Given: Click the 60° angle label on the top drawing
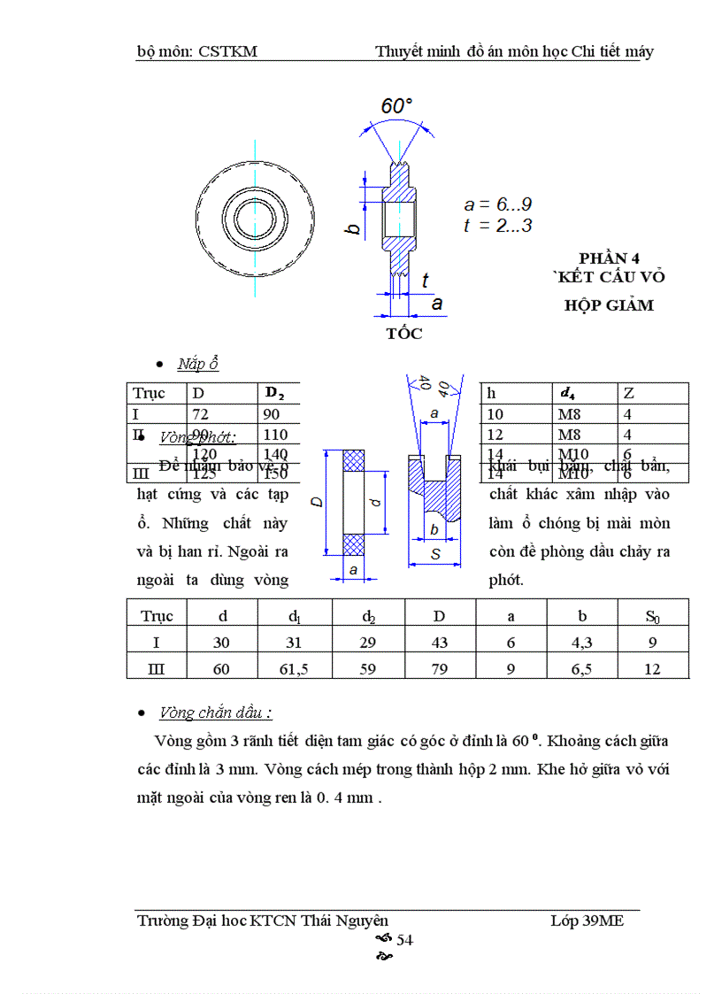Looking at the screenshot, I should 396,106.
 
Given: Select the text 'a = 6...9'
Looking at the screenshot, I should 498,204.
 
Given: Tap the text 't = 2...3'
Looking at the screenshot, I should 497,226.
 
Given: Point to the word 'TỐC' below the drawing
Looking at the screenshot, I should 403,334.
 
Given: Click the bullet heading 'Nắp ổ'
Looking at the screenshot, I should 197,364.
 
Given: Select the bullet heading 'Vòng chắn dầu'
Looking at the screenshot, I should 215,713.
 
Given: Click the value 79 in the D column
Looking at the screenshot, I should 439,669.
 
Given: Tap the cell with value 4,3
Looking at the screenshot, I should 581,643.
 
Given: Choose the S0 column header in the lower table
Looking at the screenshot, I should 652,616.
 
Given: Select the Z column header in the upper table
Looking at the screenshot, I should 628,393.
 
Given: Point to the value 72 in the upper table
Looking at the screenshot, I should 203,414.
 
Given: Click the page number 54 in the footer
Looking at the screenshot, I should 404,940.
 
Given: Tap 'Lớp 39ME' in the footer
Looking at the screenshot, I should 587,921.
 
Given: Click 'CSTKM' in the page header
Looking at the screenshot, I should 227,51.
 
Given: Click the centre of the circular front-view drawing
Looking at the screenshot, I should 255,217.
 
